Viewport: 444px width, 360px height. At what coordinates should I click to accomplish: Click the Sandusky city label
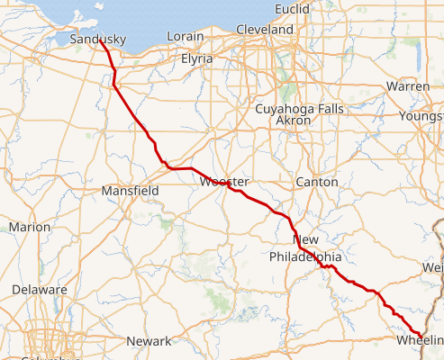coord(97,39)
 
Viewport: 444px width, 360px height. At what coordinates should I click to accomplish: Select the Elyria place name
coord(196,58)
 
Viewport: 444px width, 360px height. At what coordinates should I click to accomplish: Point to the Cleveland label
coord(265,30)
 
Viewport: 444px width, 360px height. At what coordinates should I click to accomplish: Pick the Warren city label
coord(407,86)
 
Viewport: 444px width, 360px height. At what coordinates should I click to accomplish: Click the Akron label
coord(293,120)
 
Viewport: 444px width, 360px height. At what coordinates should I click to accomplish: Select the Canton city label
coord(317,182)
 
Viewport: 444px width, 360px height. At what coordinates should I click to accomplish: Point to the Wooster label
coord(223,182)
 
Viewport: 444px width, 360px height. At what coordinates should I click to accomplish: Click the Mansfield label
coord(130,191)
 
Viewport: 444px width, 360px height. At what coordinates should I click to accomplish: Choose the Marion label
coord(30,227)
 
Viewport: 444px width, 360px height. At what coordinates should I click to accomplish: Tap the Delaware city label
coord(40,290)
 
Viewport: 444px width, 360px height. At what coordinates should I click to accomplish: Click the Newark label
coord(149,341)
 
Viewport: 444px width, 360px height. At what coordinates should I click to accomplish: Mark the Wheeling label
coord(420,340)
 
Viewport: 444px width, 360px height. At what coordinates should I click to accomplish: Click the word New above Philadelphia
coord(306,240)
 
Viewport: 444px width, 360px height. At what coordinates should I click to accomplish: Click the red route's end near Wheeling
coord(422,337)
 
